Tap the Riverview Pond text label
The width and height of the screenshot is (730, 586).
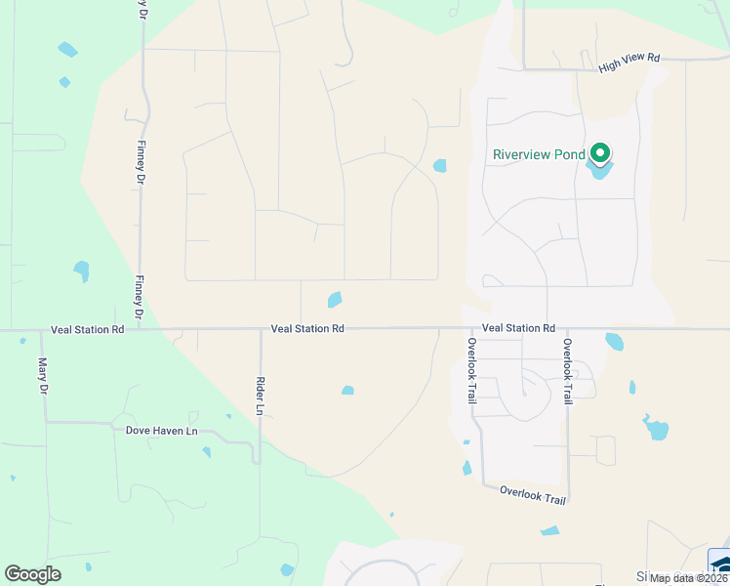(539, 154)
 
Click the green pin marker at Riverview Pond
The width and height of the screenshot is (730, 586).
(600, 153)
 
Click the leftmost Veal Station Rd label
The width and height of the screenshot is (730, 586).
(89, 330)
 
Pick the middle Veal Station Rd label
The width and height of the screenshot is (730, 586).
(307, 330)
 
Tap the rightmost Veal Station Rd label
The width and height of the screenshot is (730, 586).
(518, 328)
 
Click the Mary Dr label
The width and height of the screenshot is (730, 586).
(43, 376)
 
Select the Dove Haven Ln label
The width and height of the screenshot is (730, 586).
(161, 430)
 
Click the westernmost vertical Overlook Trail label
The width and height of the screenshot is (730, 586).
(470, 372)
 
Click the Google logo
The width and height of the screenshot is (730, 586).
(32, 574)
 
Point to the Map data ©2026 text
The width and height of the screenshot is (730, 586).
(687, 578)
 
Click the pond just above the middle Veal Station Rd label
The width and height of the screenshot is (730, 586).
(335, 299)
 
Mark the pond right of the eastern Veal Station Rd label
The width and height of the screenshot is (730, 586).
(614, 341)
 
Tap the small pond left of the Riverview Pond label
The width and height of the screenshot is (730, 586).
(439, 166)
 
